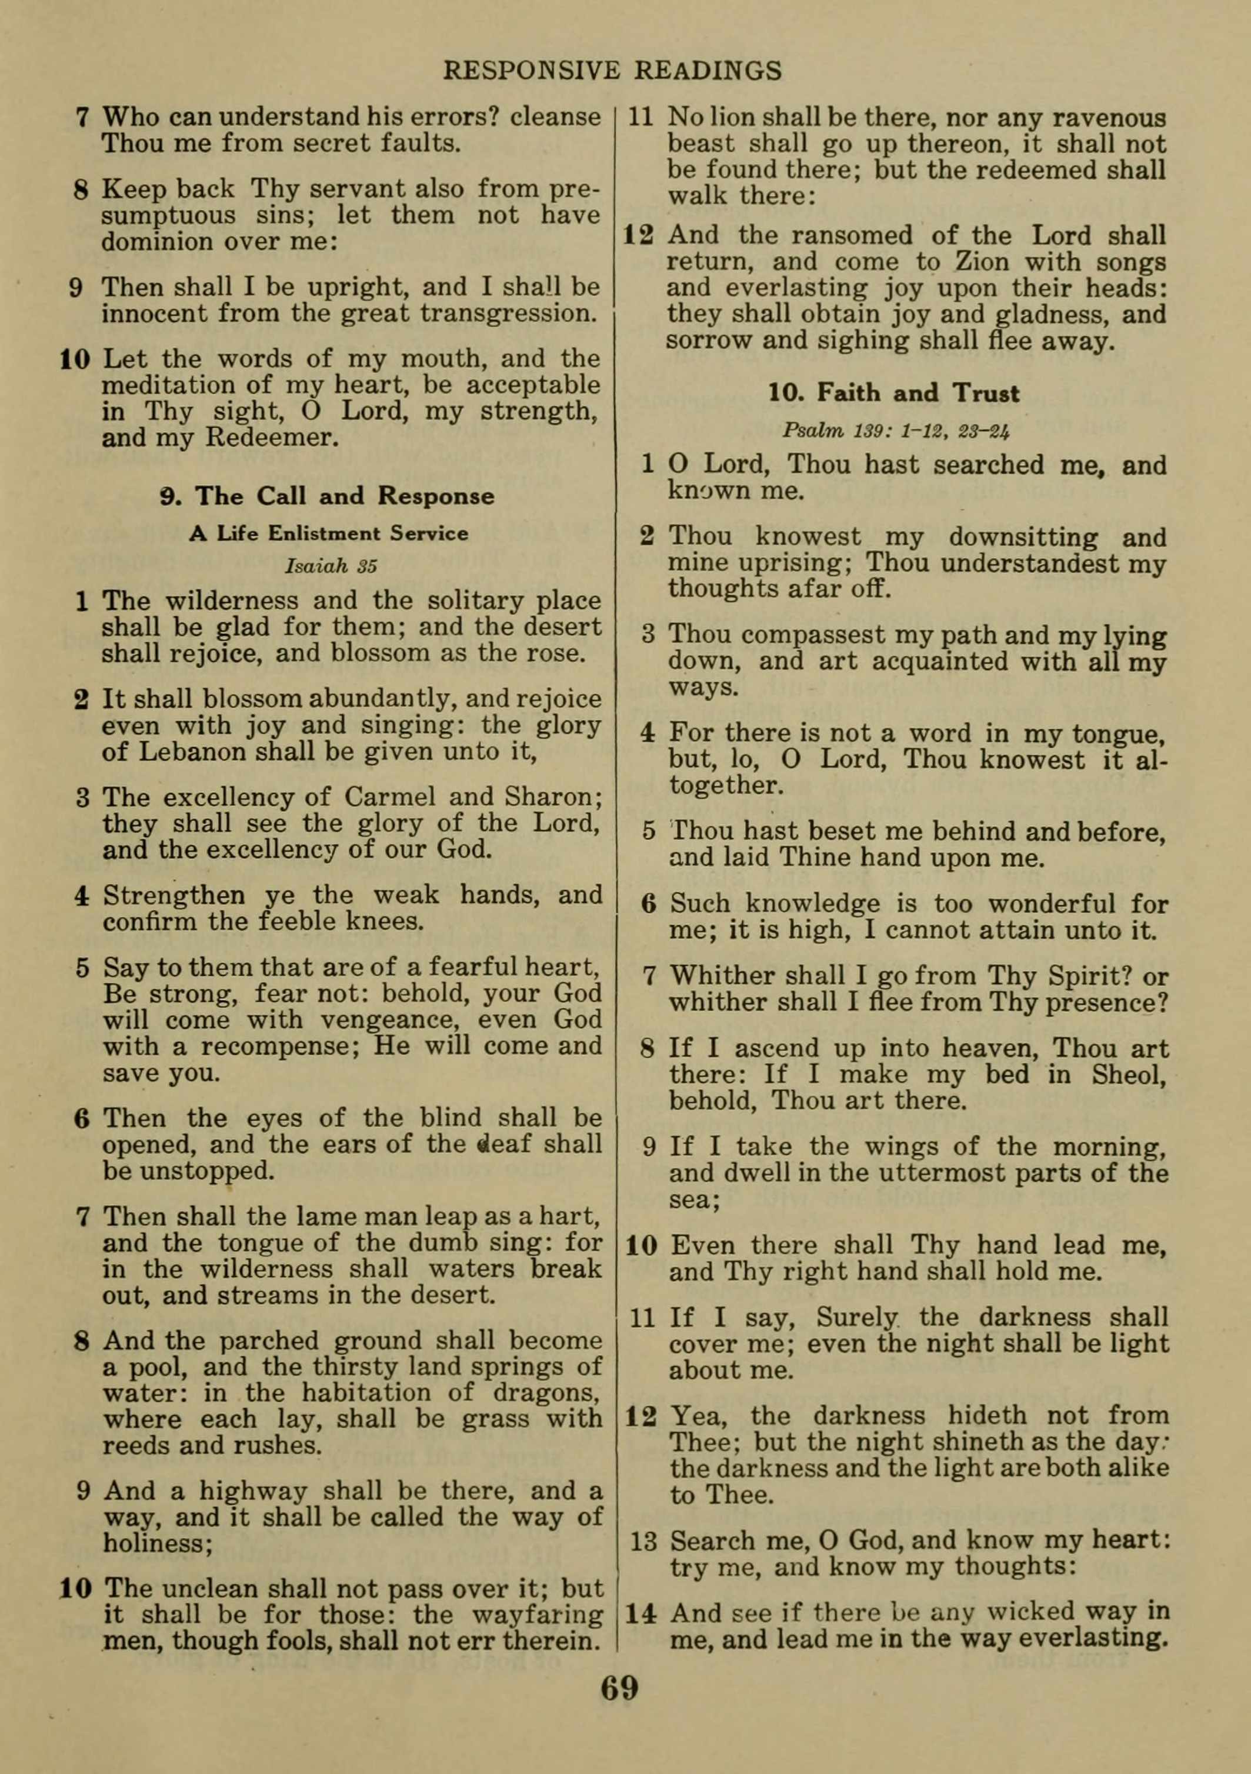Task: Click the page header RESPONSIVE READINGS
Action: click(x=612, y=71)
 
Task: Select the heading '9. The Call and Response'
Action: click(x=328, y=496)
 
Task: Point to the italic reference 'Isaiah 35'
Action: click(x=331, y=566)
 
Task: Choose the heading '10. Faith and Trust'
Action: click(x=893, y=394)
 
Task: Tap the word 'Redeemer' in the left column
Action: click(x=271, y=438)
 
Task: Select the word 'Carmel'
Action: click(x=392, y=796)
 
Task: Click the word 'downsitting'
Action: click(x=1012, y=537)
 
